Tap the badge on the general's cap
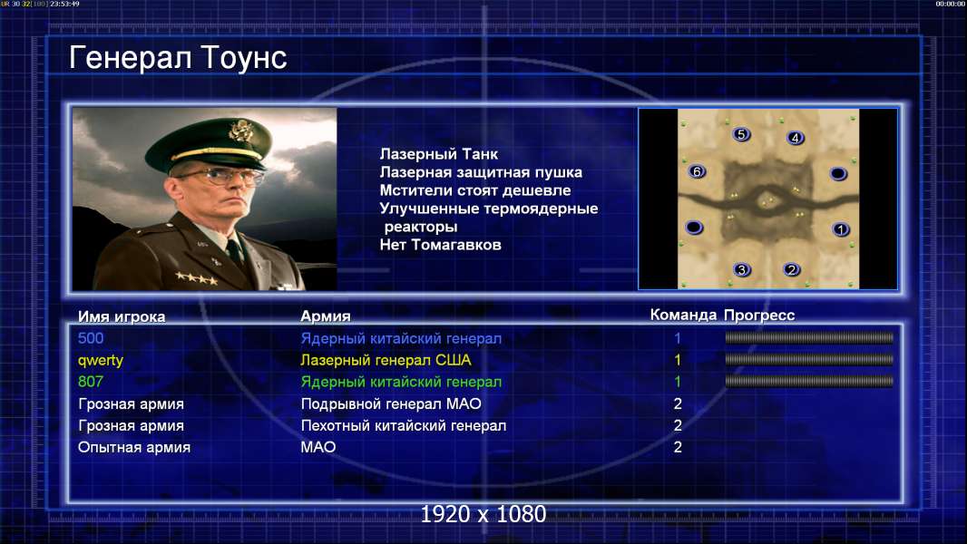click(239, 130)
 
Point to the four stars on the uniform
click(196, 278)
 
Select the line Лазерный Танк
click(438, 154)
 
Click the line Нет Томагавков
click(440, 245)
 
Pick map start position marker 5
click(741, 134)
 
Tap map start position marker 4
click(796, 138)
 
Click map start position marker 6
click(697, 171)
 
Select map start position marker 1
click(841, 229)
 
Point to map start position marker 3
click(742, 269)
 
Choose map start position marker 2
click(791, 269)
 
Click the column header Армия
click(325, 316)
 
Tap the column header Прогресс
click(759, 316)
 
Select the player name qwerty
click(101, 361)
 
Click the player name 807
click(91, 382)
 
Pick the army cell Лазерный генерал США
click(386, 360)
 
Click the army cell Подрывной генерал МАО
click(391, 404)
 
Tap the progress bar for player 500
click(809, 337)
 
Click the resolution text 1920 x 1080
click(483, 514)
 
